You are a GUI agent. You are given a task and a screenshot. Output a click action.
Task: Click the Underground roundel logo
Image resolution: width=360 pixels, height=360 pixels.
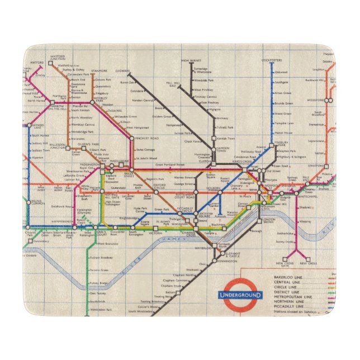coord(240,295)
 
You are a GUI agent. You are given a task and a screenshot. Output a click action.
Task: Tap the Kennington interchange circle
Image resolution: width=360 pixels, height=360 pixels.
coord(214,261)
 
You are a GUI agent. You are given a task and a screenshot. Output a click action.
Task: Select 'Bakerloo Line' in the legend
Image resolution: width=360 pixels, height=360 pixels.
coord(288,277)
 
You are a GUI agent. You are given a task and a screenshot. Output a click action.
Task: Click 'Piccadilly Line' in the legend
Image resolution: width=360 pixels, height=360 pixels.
coord(288,307)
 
